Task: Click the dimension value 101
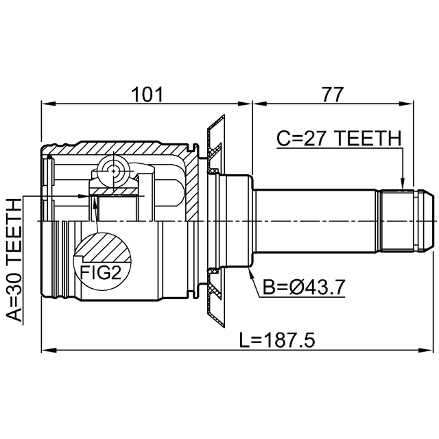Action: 147,95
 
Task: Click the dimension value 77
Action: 332,95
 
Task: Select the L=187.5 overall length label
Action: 277,340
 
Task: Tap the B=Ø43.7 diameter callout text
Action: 303,287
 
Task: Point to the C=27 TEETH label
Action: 339,139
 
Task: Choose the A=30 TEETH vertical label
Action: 14,260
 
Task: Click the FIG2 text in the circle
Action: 101,272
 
